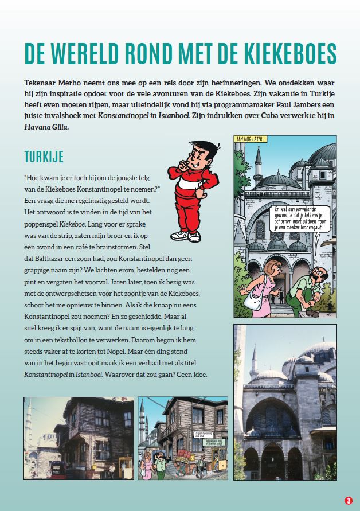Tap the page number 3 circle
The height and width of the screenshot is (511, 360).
[x=347, y=500]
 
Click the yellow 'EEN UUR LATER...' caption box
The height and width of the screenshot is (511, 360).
[x=252, y=139]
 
